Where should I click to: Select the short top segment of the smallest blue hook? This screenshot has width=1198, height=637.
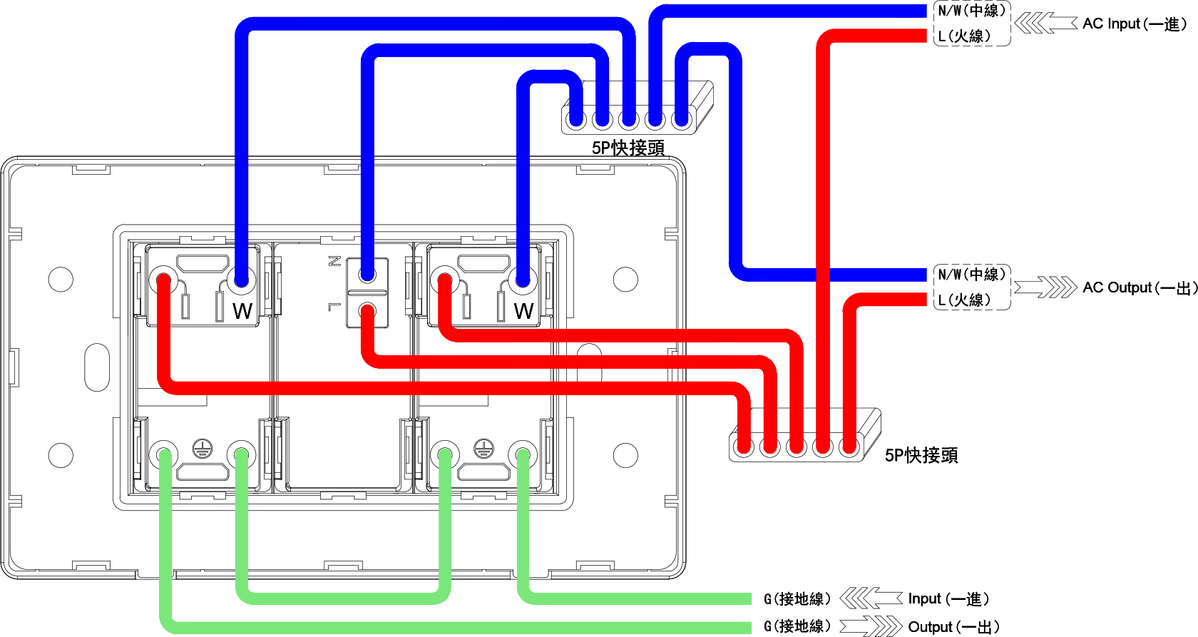click(550, 77)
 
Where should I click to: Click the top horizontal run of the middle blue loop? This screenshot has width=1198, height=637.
click(485, 50)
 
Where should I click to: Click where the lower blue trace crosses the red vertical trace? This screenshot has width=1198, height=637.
click(823, 275)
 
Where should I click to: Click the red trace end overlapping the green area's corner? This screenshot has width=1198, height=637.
click(744, 447)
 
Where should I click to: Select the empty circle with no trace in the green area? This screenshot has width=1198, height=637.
click(625, 456)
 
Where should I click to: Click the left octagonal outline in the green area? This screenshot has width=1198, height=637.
click(203, 472)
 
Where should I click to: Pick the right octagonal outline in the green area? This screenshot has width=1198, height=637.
click(483, 472)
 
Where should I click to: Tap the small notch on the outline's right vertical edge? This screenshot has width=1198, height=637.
click(670, 501)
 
